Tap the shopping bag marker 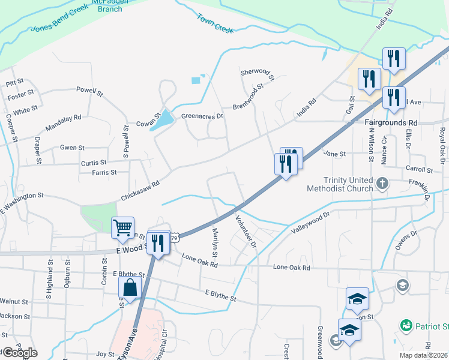click(130, 287)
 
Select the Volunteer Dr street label click(246, 232)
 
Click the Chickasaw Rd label click(140, 189)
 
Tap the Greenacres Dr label click(202, 116)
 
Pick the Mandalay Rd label click(63, 122)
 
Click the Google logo click(19, 353)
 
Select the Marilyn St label click(213, 239)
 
